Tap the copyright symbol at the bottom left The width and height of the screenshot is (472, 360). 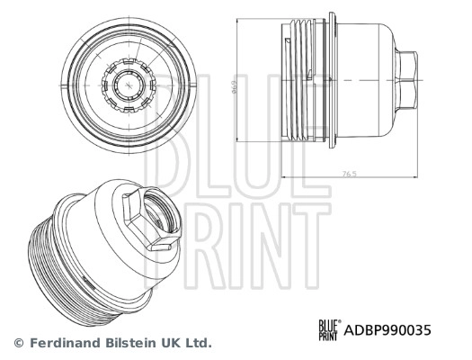point(19,343)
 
